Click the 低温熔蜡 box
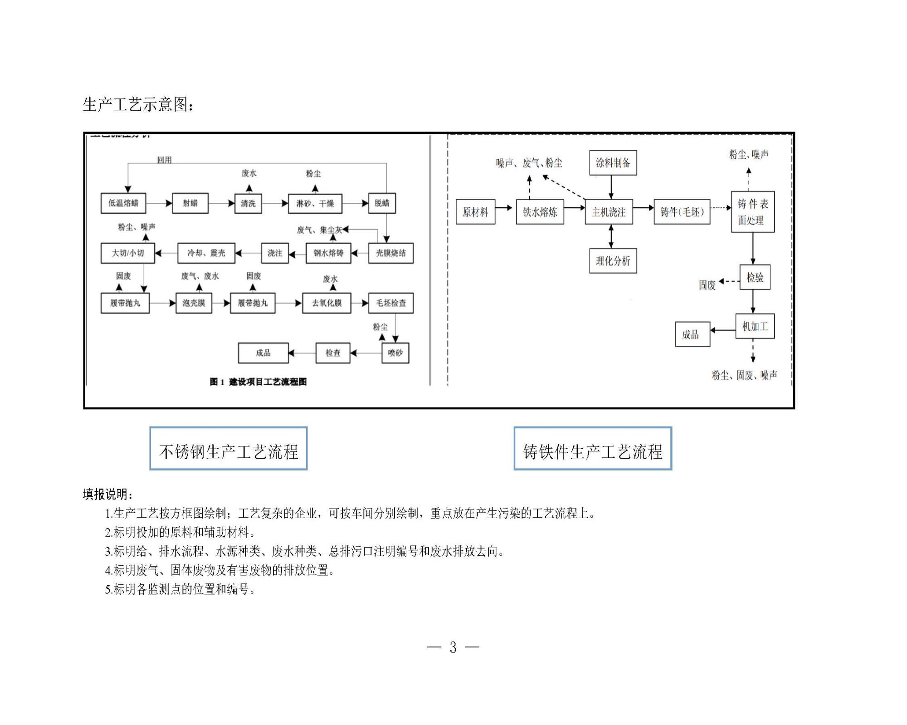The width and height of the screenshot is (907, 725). (x=123, y=203)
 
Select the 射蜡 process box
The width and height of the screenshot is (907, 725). (x=190, y=203)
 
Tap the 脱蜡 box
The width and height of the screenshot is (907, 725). (x=382, y=203)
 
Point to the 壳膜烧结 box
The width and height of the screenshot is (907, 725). (x=391, y=253)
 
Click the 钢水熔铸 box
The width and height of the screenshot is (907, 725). (x=328, y=253)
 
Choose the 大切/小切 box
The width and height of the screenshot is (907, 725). (x=128, y=253)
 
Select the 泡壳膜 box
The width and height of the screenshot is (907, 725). (x=194, y=303)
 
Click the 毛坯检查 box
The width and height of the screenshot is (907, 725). (x=391, y=303)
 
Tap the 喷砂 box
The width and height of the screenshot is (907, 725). (x=395, y=353)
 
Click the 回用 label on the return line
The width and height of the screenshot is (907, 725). (x=165, y=160)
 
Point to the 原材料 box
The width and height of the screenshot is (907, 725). (x=475, y=212)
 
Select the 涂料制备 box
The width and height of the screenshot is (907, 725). (x=613, y=163)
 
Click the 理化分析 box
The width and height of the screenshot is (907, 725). (x=613, y=261)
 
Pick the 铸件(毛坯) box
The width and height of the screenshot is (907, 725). (x=682, y=212)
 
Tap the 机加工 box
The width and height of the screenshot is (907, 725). (x=755, y=326)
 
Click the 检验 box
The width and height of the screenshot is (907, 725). (x=755, y=277)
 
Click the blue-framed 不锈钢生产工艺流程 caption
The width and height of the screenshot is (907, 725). (x=229, y=449)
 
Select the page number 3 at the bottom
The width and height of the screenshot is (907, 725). (x=453, y=647)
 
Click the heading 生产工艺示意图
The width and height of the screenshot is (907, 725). (x=138, y=105)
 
